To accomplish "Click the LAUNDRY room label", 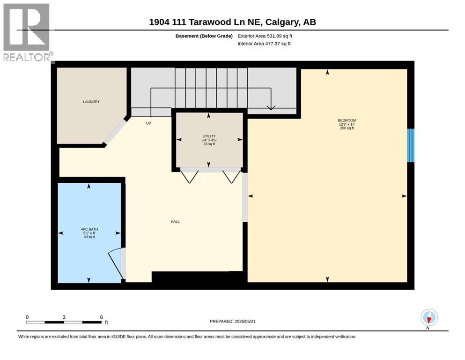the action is click(91, 102).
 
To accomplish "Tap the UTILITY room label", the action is click(209, 136).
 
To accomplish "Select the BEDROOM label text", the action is click(347, 120).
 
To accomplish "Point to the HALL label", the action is click(175, 222).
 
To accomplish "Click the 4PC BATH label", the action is click(89, 229).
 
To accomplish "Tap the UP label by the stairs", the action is click(148, 123).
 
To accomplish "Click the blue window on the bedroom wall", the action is click(410, 145).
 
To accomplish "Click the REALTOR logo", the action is click(27, 32).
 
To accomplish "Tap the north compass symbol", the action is click(429, 318).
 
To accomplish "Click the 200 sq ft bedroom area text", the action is click(347, 128).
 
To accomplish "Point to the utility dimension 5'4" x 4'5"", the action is click(209, 140).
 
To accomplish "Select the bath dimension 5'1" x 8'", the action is click(89, 233).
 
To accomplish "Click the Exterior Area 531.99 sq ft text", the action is click(265, 36).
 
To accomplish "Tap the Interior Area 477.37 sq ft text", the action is click(264, 44).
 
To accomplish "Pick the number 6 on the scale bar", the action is click(102, 317).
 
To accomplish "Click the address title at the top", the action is click(232, 22).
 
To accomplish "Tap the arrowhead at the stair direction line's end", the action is click(271, 108).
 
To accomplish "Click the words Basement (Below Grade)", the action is click(204, 36).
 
